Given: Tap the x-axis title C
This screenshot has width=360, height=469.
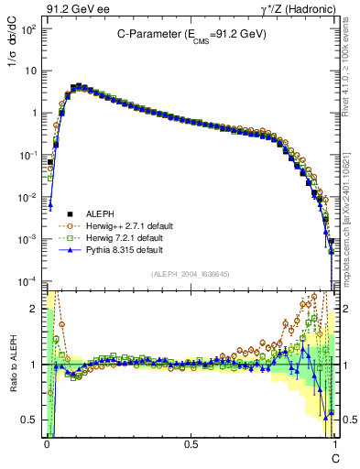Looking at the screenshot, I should coord(336,456).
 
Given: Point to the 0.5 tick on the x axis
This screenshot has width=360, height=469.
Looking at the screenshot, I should coord(191,444).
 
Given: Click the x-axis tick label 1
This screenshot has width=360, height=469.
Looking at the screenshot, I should coord(335,444).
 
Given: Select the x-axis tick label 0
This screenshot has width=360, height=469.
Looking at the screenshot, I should coord(47,444).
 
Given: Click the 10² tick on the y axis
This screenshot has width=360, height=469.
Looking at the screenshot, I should coord(29,29).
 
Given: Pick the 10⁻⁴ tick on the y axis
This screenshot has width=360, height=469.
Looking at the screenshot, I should coord(29,280).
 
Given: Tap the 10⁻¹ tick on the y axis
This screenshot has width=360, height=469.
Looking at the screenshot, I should coord(29,155).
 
